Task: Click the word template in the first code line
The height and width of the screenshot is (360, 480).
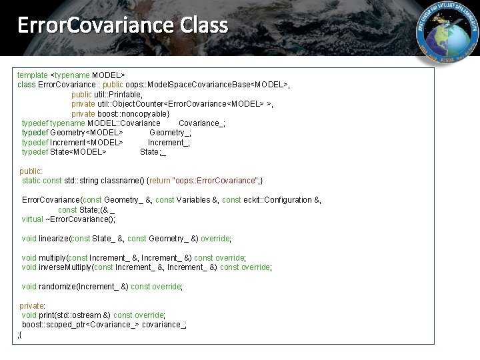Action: pyautogui.click(x=33, y=75)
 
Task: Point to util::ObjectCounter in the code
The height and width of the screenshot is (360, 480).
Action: pyautogui.click(x=133, y=104)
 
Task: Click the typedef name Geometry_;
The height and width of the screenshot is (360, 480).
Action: pyautogui.click(x=170, y=133)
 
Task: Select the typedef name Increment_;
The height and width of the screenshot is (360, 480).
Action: pyautogui.click(x=169, y=142)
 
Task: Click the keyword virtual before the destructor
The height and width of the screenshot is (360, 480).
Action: pyautogui.click(x=32, y=219)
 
